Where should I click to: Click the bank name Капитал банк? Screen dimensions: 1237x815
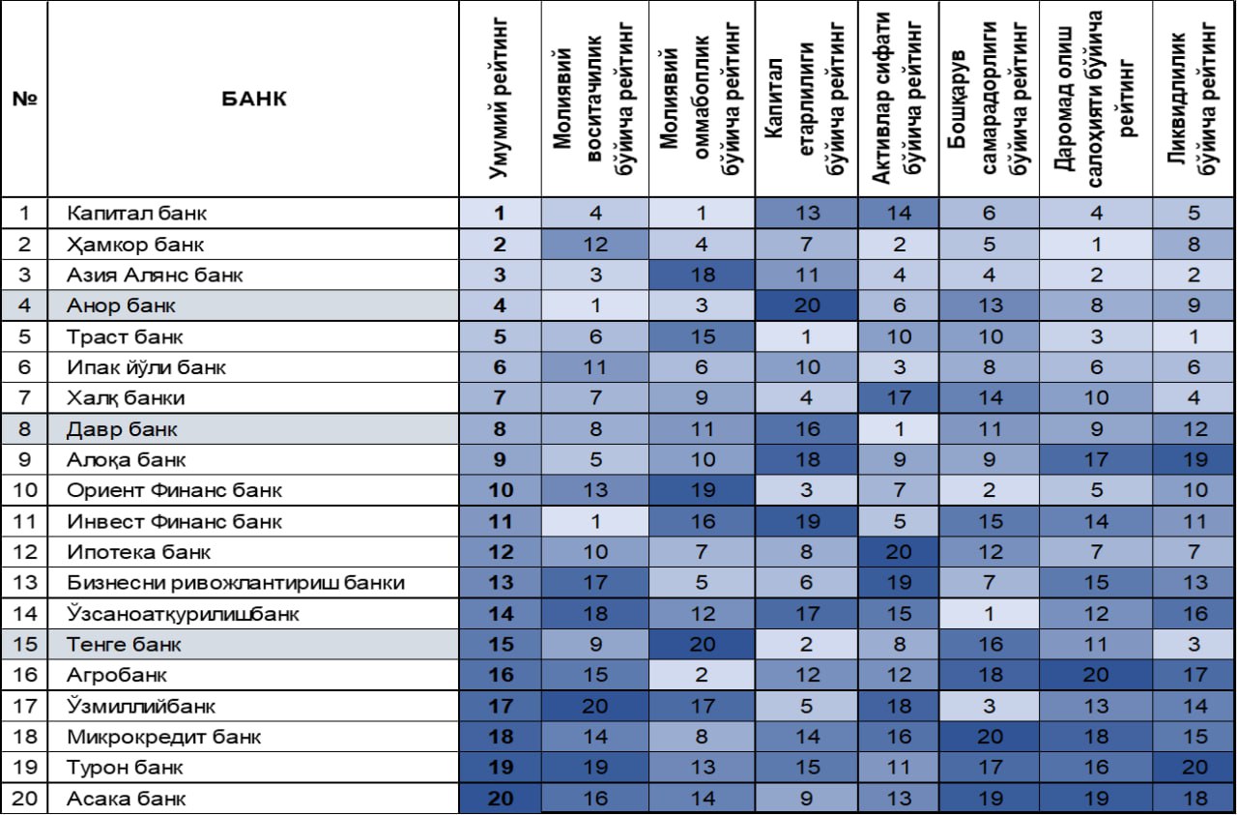(x=136, y=214)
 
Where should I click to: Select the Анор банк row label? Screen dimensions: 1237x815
(x=121, y=306)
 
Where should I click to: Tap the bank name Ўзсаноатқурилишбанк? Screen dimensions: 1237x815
(x=183, y=614)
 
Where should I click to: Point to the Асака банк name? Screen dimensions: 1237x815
(x=126, y=799)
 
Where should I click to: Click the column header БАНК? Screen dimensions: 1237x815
(x=254, y=99)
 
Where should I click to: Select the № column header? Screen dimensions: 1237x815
(x=24, y=99)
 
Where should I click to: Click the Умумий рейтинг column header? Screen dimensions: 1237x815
(x=498, y=99)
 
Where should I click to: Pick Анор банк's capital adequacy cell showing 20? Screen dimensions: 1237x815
(x=807, y=306)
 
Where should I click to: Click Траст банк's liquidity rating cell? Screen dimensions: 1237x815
(x=1194, y=336)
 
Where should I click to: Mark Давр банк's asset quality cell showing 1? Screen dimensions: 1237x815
(x=899, y=429)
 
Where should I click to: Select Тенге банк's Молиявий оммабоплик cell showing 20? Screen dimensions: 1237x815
(x=702, y=644)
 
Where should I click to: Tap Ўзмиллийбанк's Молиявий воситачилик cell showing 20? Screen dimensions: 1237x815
(x=594, y=706)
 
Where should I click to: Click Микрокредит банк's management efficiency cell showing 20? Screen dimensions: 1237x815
(x=990, y=737)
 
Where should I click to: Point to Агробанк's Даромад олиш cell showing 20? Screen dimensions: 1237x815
(x=1096, y=675)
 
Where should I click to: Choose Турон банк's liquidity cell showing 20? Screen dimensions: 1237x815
(x=1194, y=767)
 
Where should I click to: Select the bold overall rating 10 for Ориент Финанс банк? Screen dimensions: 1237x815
(x=501, y=490)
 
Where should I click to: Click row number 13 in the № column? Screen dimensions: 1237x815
(x=24, y=582)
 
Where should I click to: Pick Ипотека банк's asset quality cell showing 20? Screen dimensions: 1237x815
(x=899, y=551)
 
